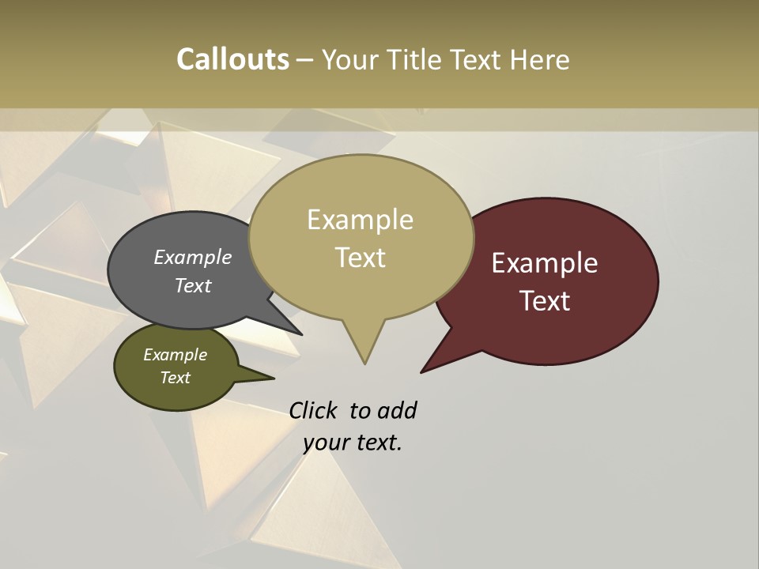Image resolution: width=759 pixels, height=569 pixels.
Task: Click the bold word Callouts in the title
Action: [x=232, y=59]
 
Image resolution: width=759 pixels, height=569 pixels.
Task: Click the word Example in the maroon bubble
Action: [x=545, y=263]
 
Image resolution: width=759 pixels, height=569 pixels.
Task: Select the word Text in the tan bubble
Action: [x=361, y=258]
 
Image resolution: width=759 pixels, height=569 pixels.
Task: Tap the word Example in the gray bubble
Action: [x=193, y=257]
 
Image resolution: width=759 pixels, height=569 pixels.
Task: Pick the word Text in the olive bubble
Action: [x=176, y=378]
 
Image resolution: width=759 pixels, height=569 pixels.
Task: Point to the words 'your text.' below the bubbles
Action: [x=353, y=443]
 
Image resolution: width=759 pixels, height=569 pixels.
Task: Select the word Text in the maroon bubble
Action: [x=546, y=301]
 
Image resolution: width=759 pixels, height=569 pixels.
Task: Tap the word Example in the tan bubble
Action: [x=361, y=220]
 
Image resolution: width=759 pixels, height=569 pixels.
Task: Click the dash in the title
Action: [x=306, y=59]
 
